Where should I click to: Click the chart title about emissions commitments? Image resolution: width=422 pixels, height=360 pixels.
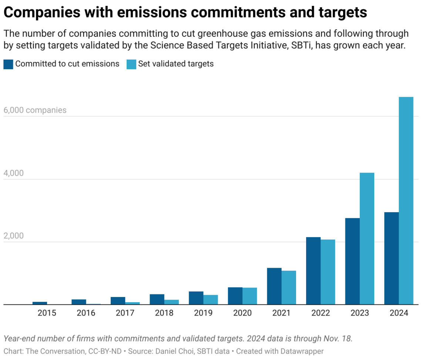185,12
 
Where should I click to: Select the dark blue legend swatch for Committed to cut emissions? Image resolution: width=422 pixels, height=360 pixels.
9,64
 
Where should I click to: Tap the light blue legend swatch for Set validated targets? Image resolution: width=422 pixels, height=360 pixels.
131,64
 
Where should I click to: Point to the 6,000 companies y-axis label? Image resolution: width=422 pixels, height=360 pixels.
35,110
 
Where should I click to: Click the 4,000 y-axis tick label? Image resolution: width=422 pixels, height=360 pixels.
14,173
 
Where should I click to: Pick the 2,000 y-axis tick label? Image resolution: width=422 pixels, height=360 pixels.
14,236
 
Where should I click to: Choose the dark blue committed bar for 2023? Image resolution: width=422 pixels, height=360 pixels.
352,261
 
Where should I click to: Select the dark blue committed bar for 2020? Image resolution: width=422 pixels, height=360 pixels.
235,296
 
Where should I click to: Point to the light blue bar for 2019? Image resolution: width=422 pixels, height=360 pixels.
211,300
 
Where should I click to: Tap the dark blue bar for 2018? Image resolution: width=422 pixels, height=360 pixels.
157,299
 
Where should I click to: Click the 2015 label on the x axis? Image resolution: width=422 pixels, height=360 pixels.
47,313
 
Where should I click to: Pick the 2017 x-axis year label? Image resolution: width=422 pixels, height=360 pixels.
125,313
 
